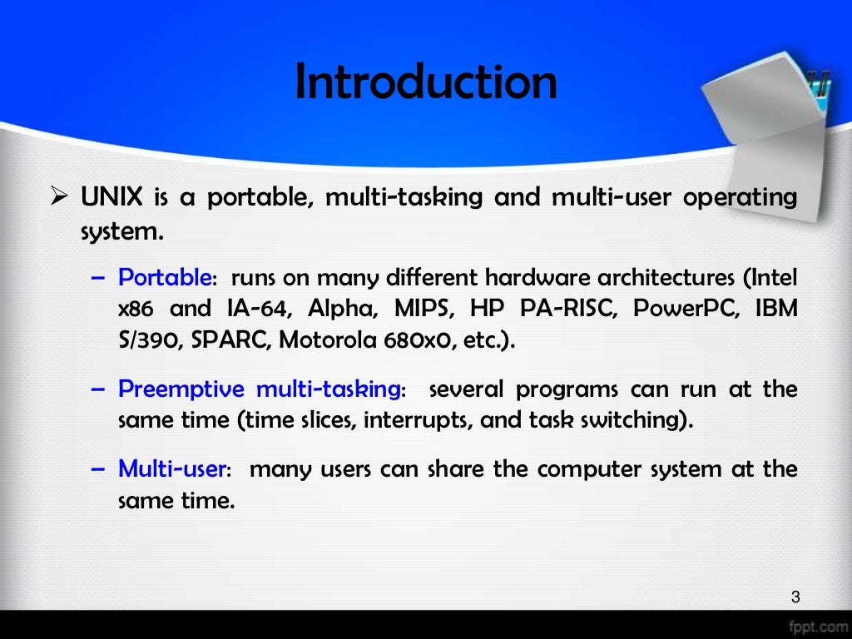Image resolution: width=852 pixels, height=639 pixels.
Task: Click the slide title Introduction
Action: coord(426,83)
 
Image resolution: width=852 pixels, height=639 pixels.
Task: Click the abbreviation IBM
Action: coord(775,309)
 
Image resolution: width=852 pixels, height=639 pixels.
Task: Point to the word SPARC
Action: coord(231,340)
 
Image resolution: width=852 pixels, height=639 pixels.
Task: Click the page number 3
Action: coord(795,596)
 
